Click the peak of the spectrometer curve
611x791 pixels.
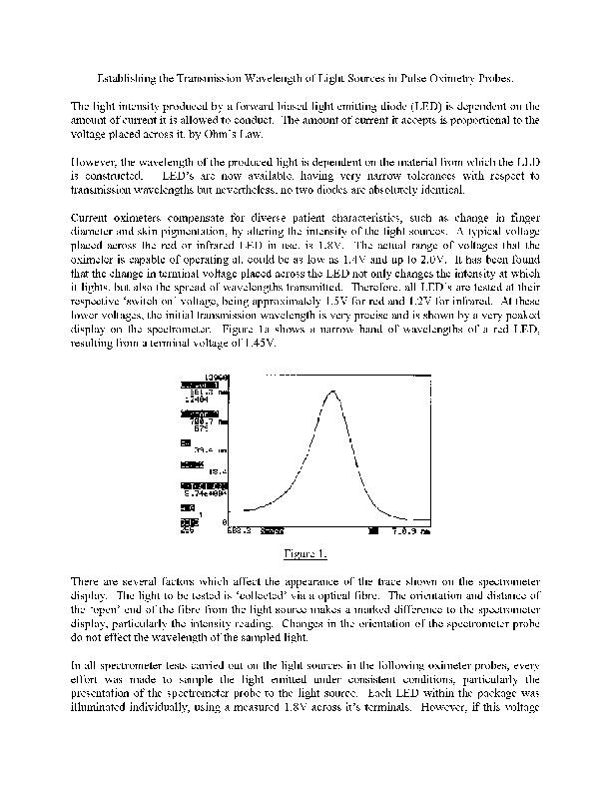(x=333, y=392)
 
